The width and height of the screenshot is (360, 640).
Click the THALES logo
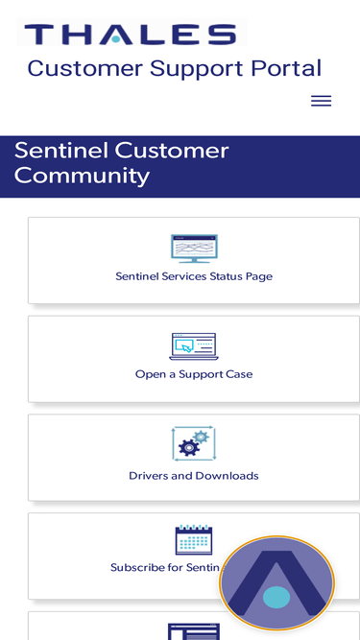131,34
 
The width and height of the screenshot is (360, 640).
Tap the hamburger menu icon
322,101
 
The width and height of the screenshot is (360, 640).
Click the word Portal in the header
286,68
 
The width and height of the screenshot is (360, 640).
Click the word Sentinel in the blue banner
61,151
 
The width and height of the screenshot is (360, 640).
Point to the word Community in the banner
82,177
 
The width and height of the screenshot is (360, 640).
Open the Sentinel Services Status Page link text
194,276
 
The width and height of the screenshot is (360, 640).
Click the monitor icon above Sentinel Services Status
194,249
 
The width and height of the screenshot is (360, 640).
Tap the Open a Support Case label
194,374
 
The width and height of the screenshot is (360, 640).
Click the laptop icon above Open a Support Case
194,346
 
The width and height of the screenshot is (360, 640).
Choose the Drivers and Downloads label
194,476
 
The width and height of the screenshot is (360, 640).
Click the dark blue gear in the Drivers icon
188,448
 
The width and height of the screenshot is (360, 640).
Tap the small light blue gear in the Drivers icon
201,438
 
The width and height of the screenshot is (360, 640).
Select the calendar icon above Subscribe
194,539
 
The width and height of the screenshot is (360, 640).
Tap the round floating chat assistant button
276,582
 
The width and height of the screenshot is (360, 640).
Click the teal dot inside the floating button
276,597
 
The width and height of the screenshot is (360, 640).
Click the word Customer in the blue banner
172,151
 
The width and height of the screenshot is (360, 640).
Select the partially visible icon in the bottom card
194,631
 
